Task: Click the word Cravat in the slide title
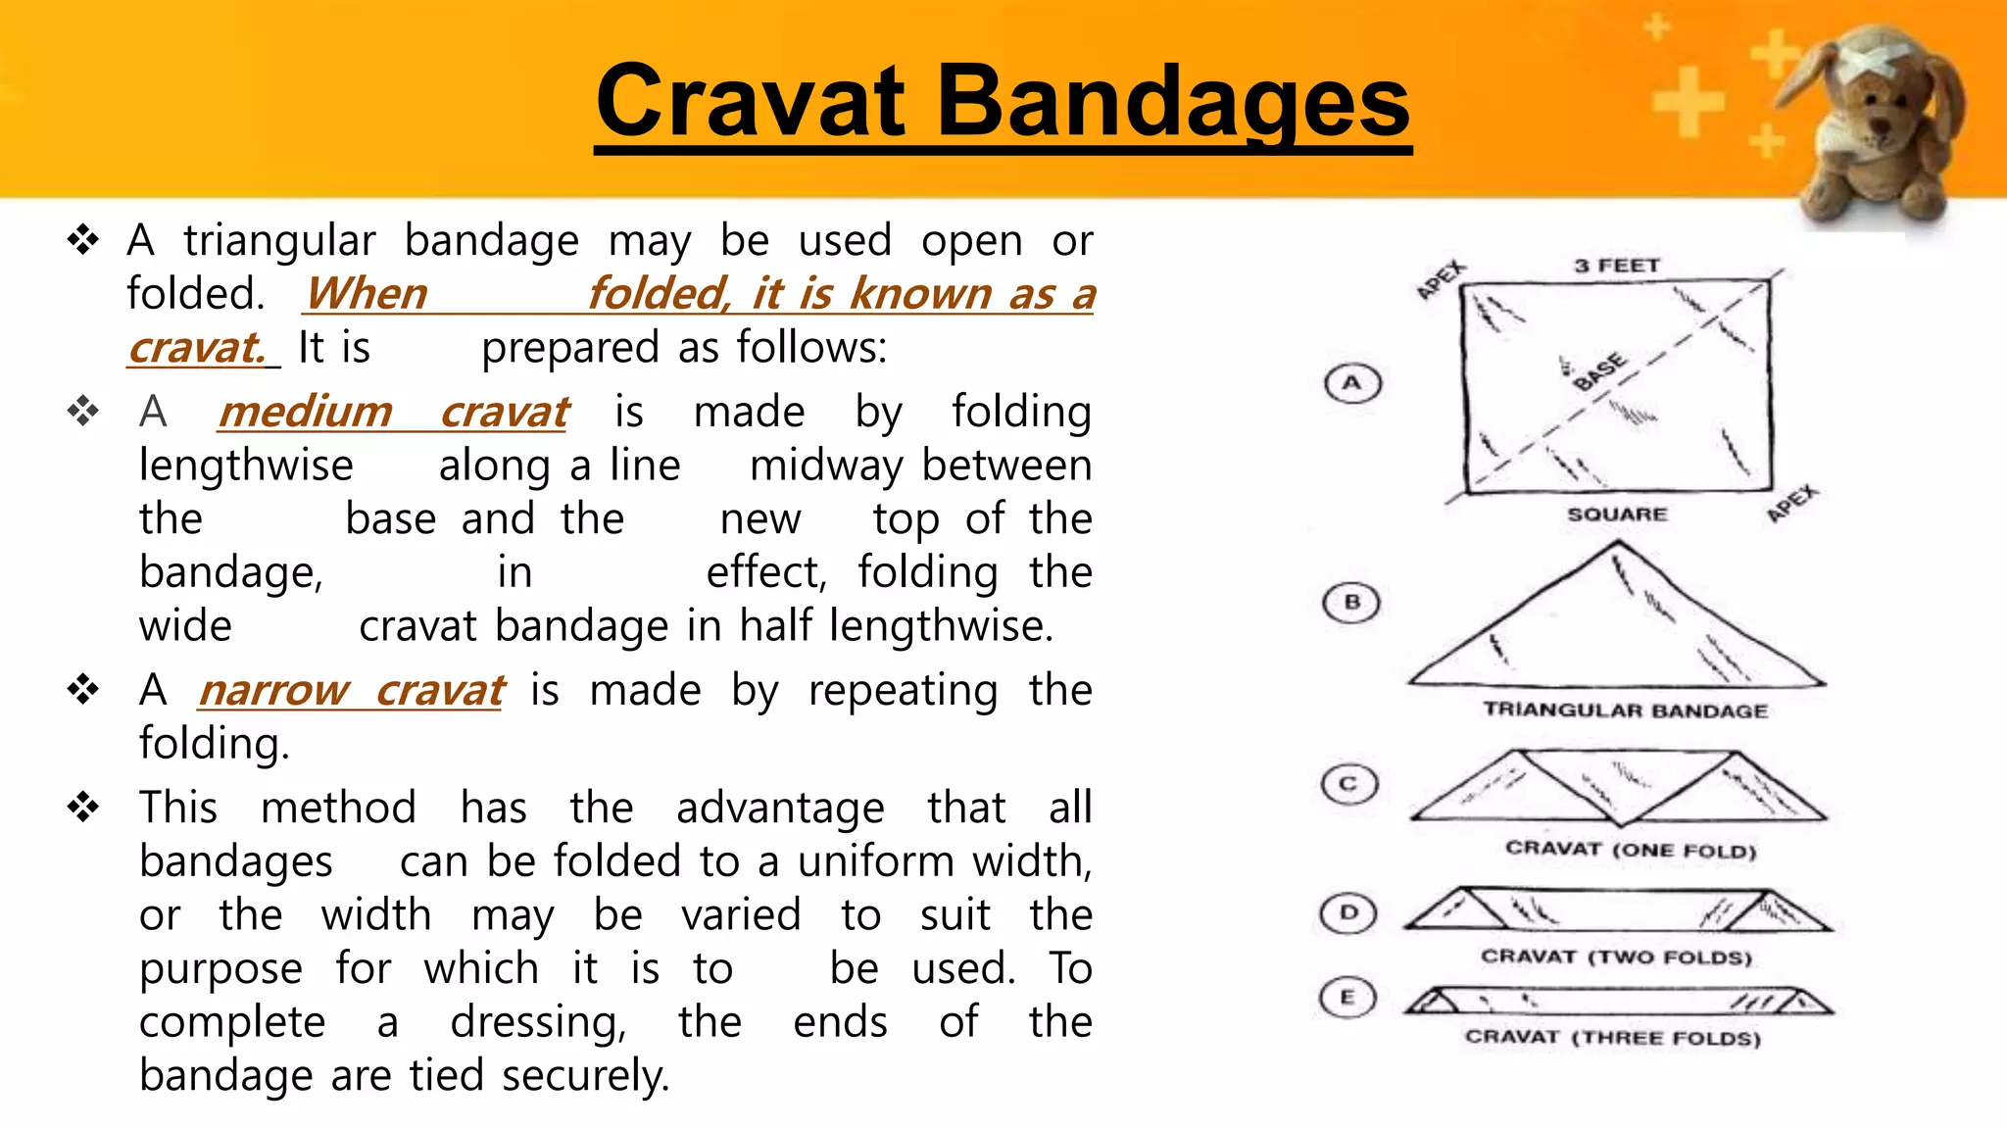tap(751, 101)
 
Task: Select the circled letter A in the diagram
tap(1352, 383)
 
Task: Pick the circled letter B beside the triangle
tap(1351, 602)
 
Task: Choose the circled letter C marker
tap(1349, 784)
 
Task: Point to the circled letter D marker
tap(1348, 913)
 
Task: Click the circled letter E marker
tap(1347, 998)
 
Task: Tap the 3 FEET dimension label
tap(1617, 266)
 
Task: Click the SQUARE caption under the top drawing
tap(1617, 515)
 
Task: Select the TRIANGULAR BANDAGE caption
tap(1625, 711)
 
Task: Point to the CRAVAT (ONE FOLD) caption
tap(1631, 849)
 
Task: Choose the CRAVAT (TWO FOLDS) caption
tap(1616, 957)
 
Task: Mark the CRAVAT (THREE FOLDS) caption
tap(1613, 1037)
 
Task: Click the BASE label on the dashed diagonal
tap(1598, 371)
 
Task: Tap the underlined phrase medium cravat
tap(393, 412)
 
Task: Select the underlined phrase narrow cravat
tap(351, 690)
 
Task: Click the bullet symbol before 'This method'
tap(83, 808)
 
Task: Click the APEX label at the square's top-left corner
tap(1441, 279)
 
